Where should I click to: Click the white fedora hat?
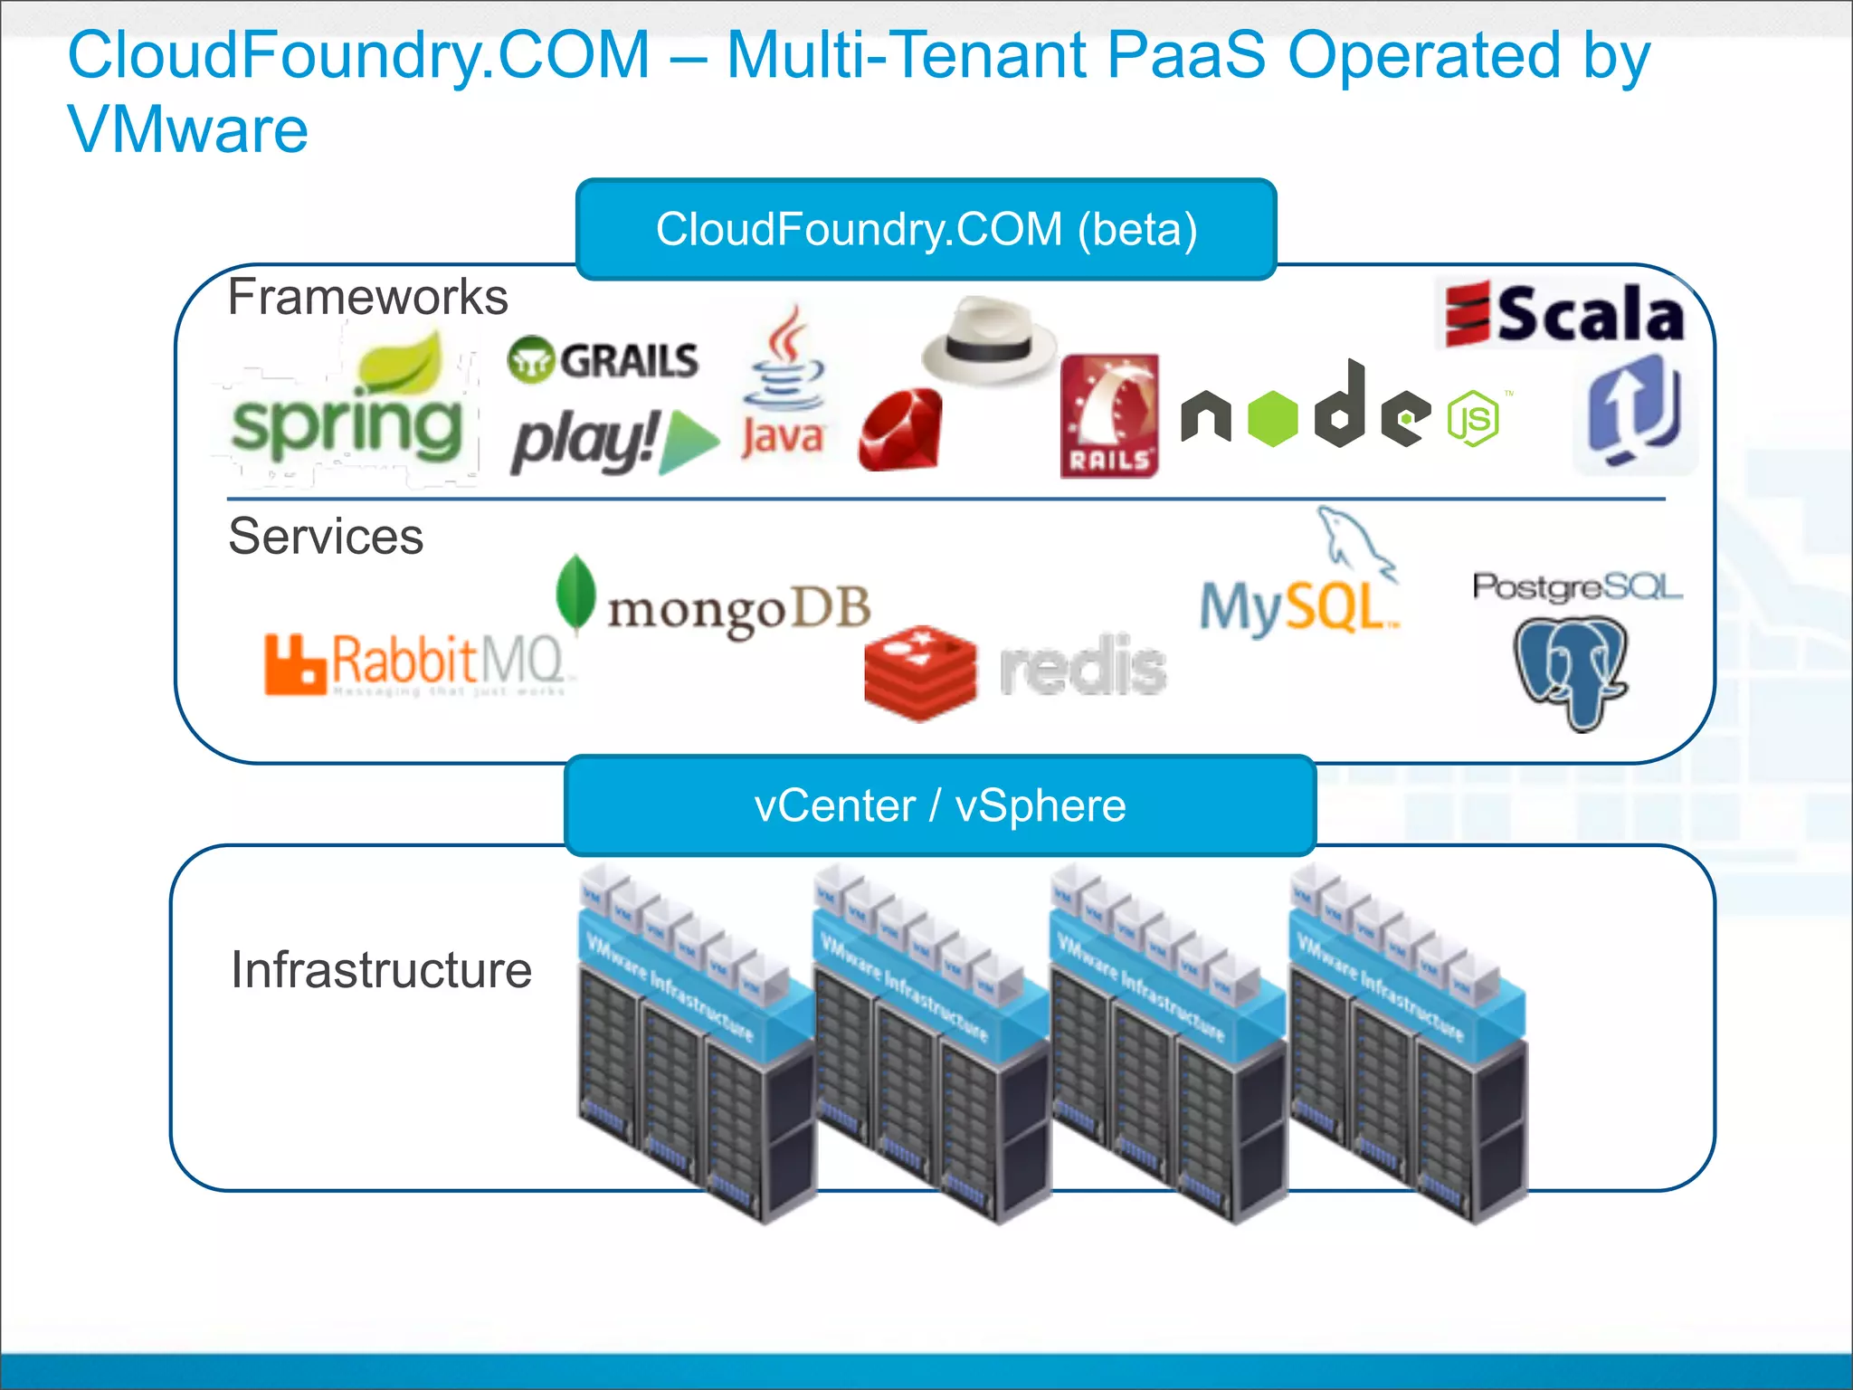coord(989,341)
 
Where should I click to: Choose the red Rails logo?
coord(1109,416)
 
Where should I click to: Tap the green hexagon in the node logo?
coord(1272,418)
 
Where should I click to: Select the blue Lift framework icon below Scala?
coord(1634,412)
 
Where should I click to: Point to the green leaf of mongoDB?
coord(575,592)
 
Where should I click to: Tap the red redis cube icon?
coord(920,672)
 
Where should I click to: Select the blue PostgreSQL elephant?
coord(1572,671)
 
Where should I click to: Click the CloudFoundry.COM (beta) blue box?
coord(926,229)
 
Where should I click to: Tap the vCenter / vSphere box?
coord(940,805)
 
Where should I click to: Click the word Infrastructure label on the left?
coord(381,970)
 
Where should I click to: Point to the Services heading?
coord(326,536)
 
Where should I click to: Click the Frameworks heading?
coord(367,297)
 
